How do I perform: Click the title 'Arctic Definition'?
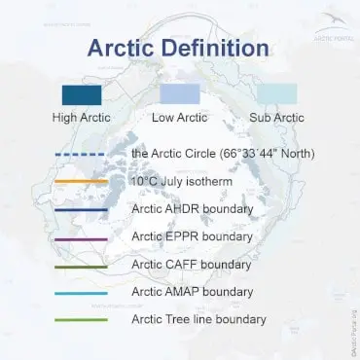click(181, 48)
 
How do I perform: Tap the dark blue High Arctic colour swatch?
click(81, 94)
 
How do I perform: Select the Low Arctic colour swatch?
click(180, 94)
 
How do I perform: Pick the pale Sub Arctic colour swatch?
click(277, 94)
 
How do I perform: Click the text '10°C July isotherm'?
click(179, 181)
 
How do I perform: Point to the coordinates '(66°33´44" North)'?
click(260, 154)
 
